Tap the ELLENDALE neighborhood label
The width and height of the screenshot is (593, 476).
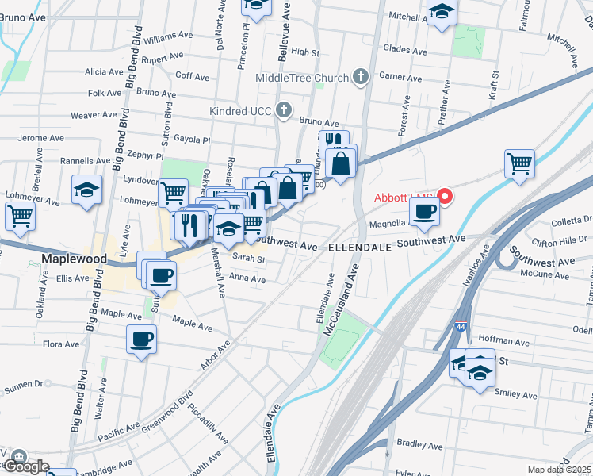(360, 248)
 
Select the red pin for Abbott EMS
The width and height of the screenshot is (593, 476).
(446, 197)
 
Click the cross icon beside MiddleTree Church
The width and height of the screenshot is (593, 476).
(361, 78)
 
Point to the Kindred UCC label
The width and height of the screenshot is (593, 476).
(240, 110)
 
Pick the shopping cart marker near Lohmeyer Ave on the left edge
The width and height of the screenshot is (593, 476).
(20, 215)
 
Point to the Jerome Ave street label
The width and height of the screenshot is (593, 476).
(40, 138)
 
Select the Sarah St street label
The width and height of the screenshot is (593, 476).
(248, 258)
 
